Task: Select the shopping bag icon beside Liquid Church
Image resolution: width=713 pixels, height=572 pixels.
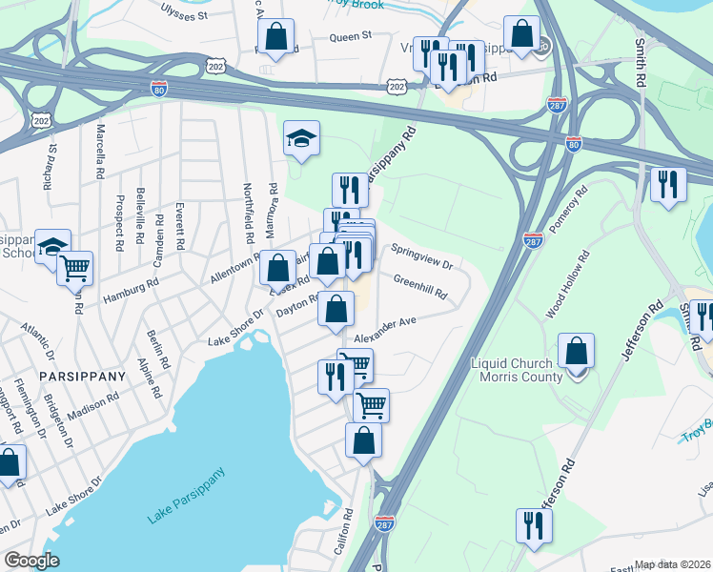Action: point(577,353)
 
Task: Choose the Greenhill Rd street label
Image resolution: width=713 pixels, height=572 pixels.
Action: point(420,286)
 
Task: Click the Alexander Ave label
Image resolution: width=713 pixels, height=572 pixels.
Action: point(386,328)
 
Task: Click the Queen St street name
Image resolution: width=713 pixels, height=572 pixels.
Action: point(350,37)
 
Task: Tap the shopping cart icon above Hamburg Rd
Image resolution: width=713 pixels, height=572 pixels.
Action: point(74,269)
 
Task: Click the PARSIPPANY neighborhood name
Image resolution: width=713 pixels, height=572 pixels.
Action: point(83,377)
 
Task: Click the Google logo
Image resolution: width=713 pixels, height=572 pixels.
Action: point(32,561)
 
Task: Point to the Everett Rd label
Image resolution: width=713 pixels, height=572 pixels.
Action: point(177,224)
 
